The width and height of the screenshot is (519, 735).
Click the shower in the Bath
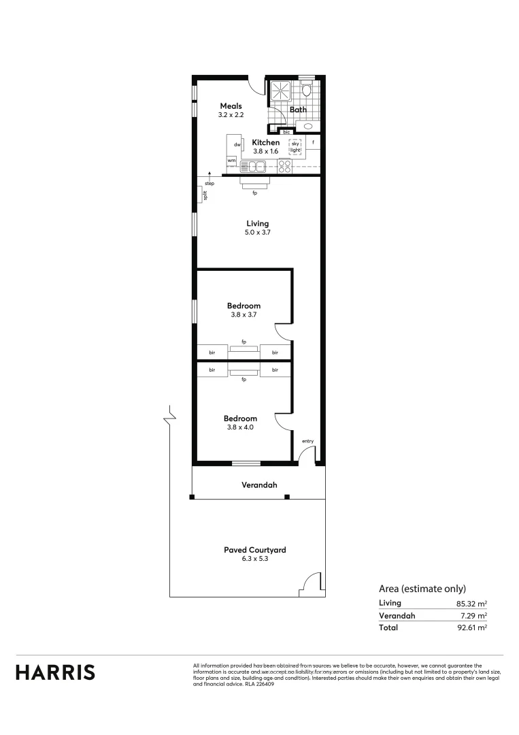pyautogui.click(x=280, y=91)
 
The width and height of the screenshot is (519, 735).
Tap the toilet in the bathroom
pyautogui.click(x=307, y=88)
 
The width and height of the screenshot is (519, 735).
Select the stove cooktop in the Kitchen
pyautogui.click(x=283, y=165)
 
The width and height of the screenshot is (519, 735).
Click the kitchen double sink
pyautogui.click(x=256, y=165)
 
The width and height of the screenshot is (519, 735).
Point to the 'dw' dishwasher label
pyautogui.click(x=237, y=144)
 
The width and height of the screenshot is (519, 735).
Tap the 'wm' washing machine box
pyautogui.click(x=231, y=160)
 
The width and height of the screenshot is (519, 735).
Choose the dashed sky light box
pyautogui.click(x=295, y=146)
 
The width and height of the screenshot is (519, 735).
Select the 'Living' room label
pyautogui.click(x=258, y=223)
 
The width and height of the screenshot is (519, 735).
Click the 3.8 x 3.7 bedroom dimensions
pyautogui.click(x=244, y=315)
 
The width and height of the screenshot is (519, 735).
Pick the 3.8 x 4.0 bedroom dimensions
pyautogui.click(x=241, y=427)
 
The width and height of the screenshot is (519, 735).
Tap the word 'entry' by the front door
pyautogui.click(x=308, y=442)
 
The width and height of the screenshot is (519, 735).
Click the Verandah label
pyautogui.click(x=259, y=485)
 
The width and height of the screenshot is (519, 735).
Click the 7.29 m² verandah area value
pyautogui.click(x=474, y=615)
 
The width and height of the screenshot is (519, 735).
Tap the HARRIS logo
pyautogui.click(x=56, y=672)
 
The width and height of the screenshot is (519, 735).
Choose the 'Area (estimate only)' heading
pyautogui.click(x=422, y=589)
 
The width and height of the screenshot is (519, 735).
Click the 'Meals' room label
pyautogui.click(x=231, y=106)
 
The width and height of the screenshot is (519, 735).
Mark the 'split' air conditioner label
pyautogui.click(x=203, y=195)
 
